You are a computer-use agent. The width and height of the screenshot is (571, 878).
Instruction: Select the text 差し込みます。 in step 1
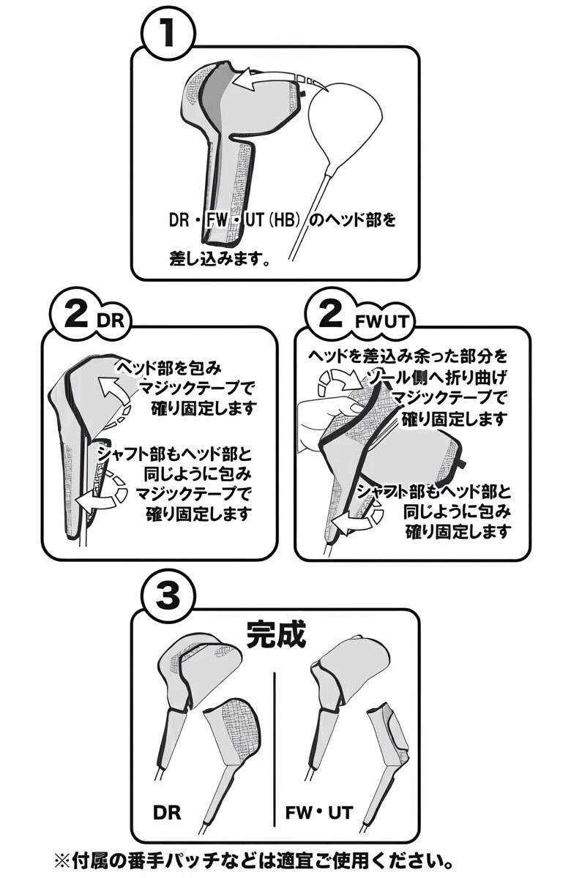[220, 258]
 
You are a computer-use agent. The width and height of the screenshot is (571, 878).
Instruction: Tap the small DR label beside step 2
[112, 320]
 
